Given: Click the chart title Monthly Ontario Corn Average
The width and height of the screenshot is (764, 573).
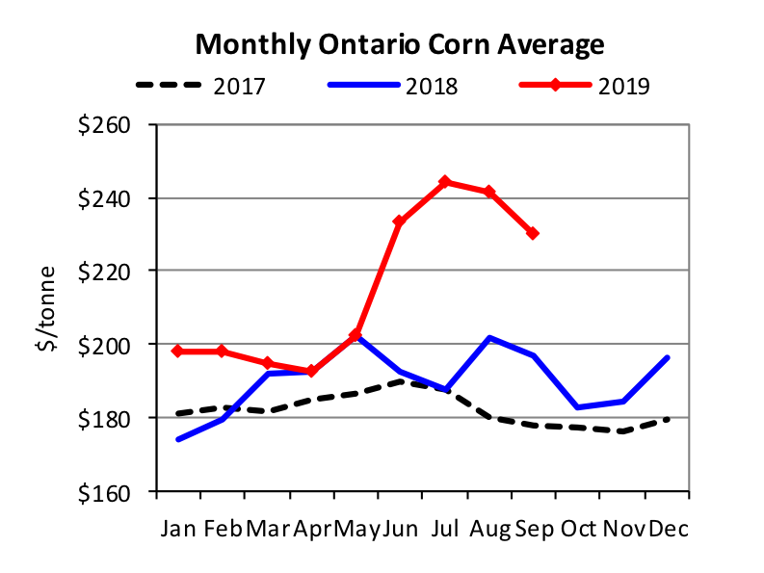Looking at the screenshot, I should click(400, 44).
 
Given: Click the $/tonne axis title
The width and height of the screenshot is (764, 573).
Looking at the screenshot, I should click(46, 308).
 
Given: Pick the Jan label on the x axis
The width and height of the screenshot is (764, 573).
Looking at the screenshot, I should click(178, 529).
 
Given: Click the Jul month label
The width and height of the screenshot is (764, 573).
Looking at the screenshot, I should click(445, 529).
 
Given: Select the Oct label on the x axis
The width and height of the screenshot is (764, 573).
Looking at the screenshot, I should click(578, 529).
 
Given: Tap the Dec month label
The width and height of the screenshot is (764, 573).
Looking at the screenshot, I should click(669, 529).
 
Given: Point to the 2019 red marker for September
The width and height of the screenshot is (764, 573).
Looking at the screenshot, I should click(533, 233).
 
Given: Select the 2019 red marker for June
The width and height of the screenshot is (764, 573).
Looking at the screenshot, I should click(400, 222).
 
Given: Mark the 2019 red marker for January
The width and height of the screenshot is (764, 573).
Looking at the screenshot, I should click(178, 352).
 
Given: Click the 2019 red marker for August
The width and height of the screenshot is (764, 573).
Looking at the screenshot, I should click(489, 192).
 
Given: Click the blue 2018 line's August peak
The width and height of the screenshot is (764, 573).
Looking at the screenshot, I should click(489, 338).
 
